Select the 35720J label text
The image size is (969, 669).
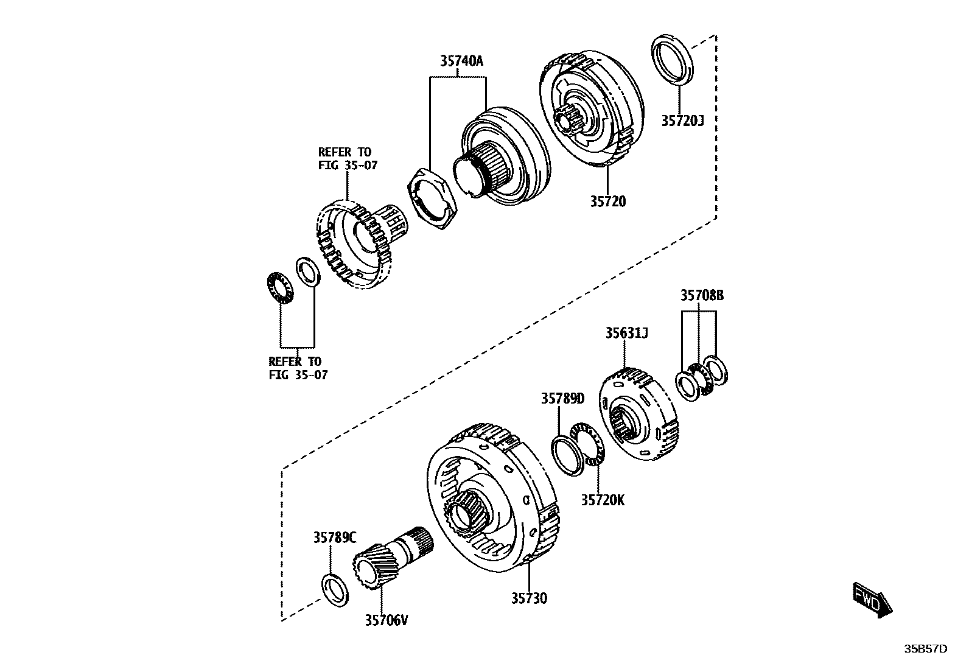click(682, 121)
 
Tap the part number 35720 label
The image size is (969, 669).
click(607, 201)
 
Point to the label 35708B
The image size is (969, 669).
click(702, 295)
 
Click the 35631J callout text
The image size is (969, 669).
click(626, 333)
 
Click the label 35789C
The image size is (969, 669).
click(335, 538)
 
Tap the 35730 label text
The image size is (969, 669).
click(529, 598)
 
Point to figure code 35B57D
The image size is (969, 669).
click(925, 649)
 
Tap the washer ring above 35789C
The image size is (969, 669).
click(335, 590)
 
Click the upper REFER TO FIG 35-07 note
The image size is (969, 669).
click(344, 158)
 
